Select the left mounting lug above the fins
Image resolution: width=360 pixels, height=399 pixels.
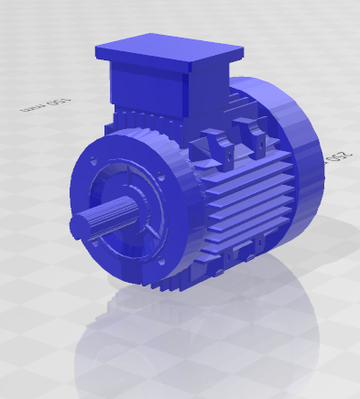217,143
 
